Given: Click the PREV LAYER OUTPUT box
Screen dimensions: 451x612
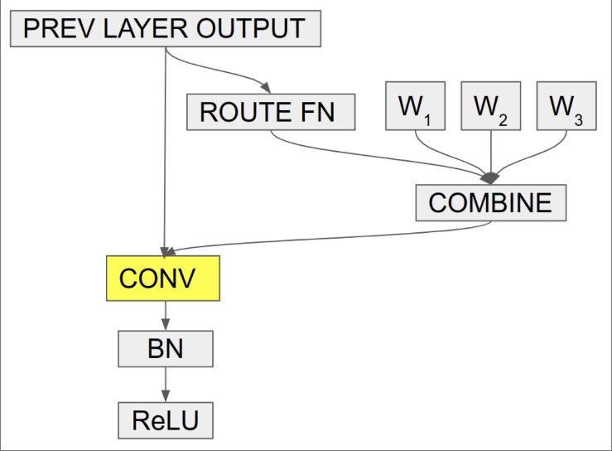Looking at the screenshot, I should (x=165, y=30).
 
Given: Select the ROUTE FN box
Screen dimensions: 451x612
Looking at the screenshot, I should (x=271, y=113).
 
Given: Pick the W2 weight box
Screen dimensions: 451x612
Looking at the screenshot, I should (x=490, y=106).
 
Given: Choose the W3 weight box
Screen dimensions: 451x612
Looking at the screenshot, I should (x=566, y=106).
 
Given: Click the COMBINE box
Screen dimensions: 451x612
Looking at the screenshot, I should (x=490, y=203).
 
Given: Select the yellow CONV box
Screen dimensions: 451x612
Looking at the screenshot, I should (x=163, y=279).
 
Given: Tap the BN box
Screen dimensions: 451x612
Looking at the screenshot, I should (x=166, y=349).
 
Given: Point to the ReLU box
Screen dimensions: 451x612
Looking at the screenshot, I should (x=166, y=420).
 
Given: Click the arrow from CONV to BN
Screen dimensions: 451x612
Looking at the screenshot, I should (x=166, y=315).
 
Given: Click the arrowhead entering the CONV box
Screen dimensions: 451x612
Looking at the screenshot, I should (x=166, y=252).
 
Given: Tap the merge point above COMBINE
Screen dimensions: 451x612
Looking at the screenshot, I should (x=490, y=177).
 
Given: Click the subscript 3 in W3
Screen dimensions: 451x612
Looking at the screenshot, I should (x=578, y=120).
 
